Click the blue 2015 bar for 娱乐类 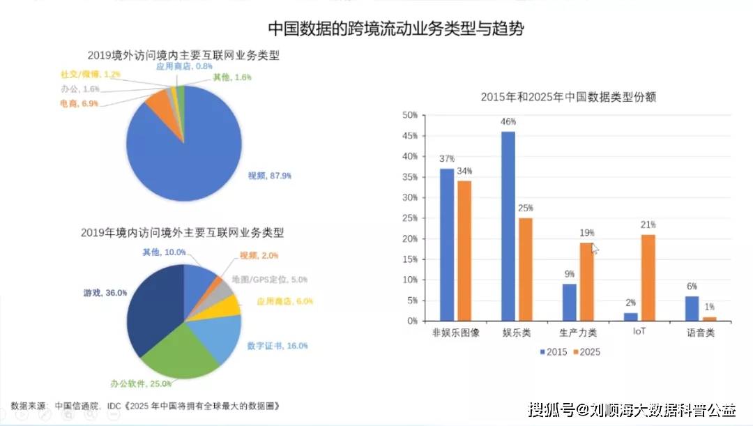[x=508, y=227]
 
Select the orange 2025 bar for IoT [x=648, y=278]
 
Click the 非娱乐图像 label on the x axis [x=456, y=333]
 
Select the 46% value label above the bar [x=508, y=122]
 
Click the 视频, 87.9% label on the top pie [x=270, y=176]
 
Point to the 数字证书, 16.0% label [x=277, y=345]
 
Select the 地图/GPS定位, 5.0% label [x=269, y=280]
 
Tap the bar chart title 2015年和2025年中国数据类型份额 [x=568, y=98]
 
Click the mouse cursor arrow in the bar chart [x=595, y=249]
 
